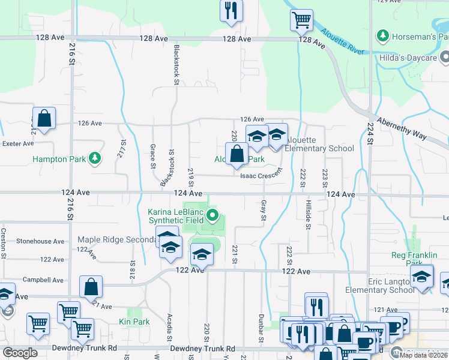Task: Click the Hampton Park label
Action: tap(56, 159)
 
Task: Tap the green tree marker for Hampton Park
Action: tap(94, 158)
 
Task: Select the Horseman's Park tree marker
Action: tap(382, 36)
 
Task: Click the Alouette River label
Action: tap(342, 41)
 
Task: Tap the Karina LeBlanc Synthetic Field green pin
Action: tap(212, 215)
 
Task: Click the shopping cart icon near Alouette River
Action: tap(302, 20)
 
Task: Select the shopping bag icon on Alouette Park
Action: tap(237, 154)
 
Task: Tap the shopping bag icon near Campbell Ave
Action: tap(91, 287)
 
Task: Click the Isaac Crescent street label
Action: tap(261, 175)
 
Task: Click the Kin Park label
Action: tap(139, 322)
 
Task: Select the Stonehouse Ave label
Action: tap(40, 241)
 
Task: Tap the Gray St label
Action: tap(263, 210)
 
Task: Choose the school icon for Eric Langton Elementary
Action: tap(422, 277)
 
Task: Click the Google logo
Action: tap(20, 353)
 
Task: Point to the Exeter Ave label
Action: tap(18, 144)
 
